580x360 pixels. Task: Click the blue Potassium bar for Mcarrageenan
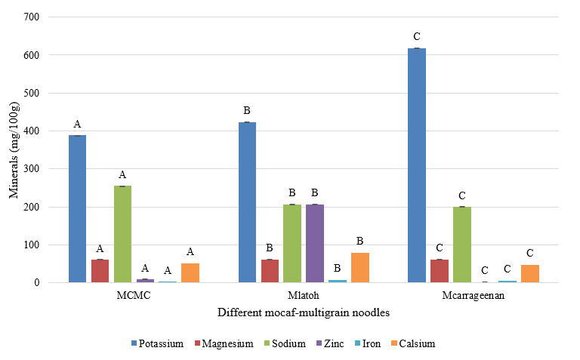tap(416, 165)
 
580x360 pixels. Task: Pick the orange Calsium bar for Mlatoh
tap(360, 267)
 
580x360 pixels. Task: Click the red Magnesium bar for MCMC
tap(100, 271)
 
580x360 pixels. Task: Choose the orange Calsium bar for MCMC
tap(190, 272)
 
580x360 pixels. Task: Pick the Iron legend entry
tap(368, 343)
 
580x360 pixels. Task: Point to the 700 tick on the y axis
tap(33, 17)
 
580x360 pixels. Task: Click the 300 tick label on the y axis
tap(33, 169)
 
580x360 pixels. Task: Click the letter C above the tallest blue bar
tap(416, 36)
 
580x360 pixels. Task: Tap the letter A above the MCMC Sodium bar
tap(122, 174)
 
